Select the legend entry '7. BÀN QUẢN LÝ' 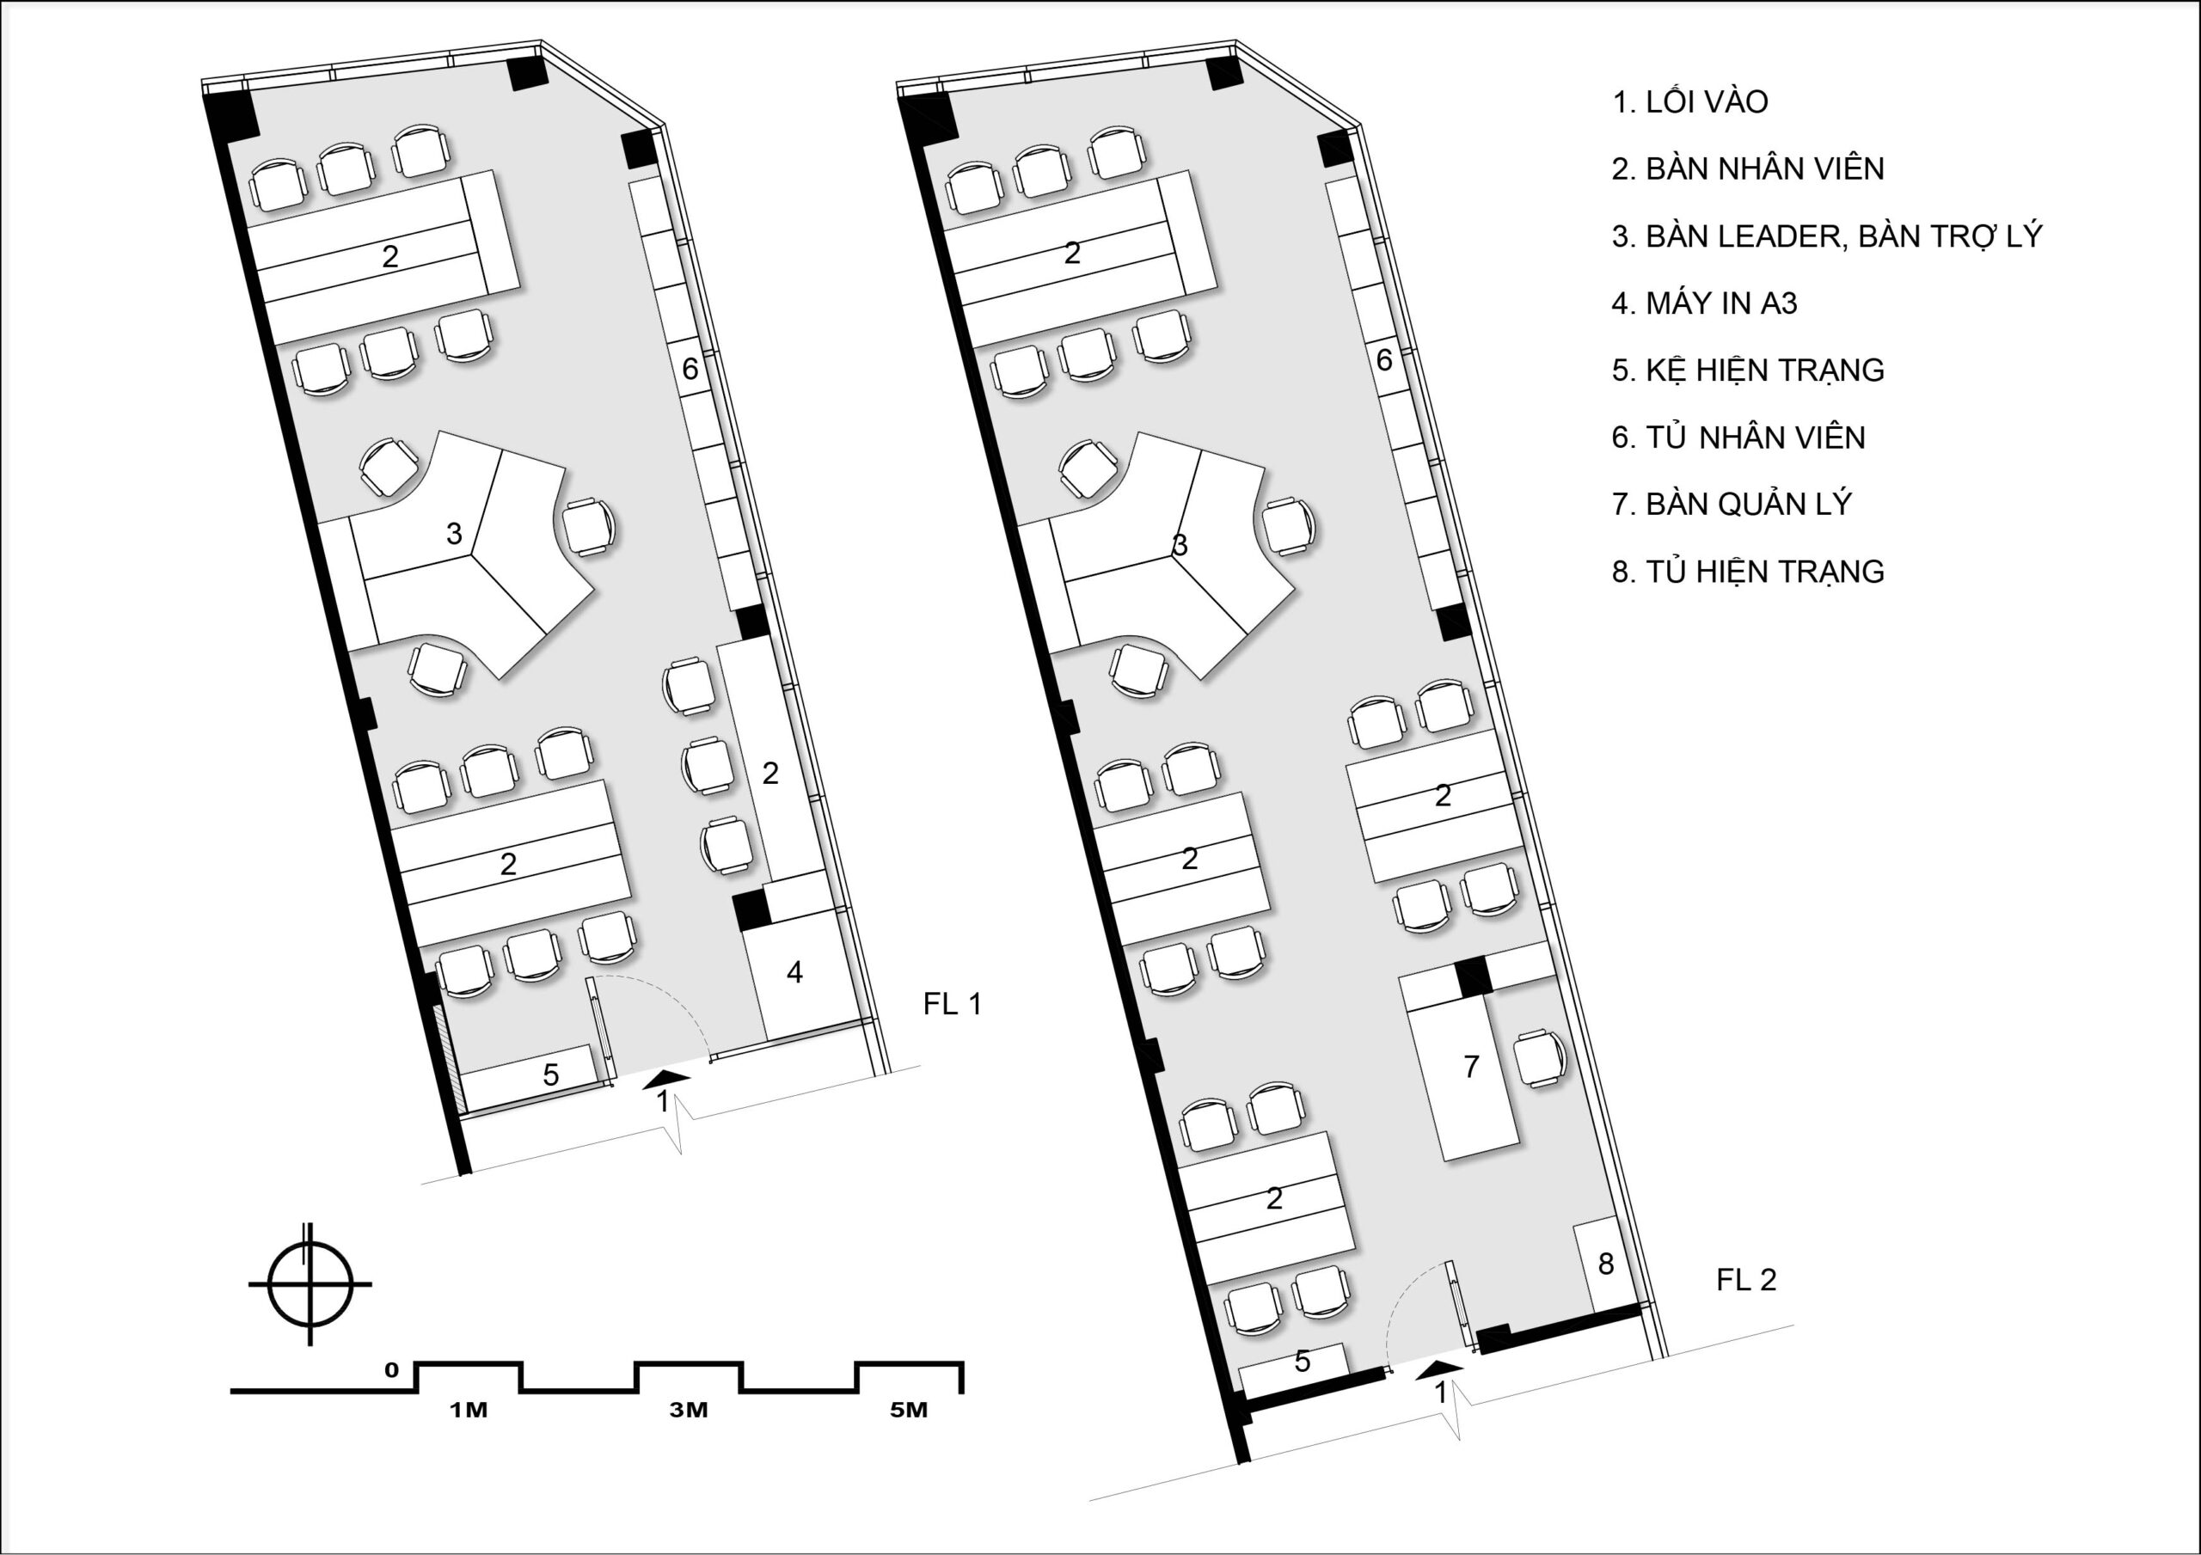1732,505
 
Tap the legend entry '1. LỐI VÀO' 1690,101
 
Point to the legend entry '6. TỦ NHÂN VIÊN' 1738,438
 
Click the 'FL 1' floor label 952,1004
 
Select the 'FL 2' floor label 1745,1279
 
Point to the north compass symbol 309,1283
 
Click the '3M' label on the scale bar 689,1411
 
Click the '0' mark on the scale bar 391,1370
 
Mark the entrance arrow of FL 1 666,1079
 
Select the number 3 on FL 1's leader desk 455,533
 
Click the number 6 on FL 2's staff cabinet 1383,359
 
